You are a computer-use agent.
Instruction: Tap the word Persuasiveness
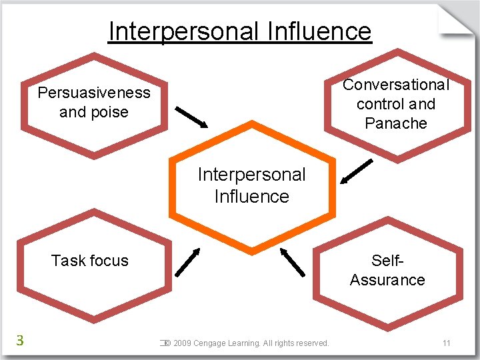[x=94, y=93]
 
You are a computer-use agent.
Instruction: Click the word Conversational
[x=396, y=85]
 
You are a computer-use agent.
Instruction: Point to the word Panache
[x=396, y=123]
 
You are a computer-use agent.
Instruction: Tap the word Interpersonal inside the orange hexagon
[x=251, y=175]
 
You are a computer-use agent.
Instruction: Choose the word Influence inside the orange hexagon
[x=251, y=197]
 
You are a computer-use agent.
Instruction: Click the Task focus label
[x=90, y=261]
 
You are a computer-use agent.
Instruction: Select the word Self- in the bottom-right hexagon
[x=388, y=261]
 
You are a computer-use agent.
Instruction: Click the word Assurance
[x=387, y=280]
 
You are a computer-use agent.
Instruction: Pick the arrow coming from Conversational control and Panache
[x=356, y=171]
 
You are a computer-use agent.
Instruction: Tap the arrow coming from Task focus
[x=187, y=261]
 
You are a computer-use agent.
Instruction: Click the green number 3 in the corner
[x=20, y=341]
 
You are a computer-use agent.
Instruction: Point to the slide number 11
[x=446, y=343]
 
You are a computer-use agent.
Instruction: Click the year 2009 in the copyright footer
[x=182, y=343]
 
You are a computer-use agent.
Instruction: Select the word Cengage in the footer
[x=209, y=343]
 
